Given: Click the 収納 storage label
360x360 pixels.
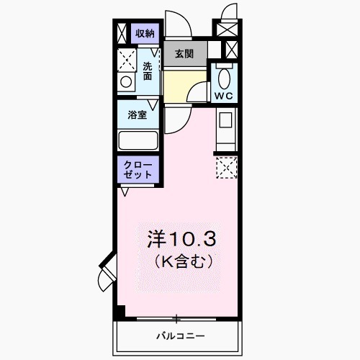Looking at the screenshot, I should [x=145, y=34].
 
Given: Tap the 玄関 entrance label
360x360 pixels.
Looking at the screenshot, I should [x=184, y=54].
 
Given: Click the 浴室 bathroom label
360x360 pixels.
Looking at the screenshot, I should [x=138, y=114].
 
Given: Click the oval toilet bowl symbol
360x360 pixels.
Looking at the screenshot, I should [x=223, y=76].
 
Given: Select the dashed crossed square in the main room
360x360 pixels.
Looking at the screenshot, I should [x=225, y=168].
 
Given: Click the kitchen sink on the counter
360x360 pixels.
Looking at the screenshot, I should [x=225, y=122].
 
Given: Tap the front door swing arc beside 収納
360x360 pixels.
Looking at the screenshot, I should [x=176, y=26].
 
